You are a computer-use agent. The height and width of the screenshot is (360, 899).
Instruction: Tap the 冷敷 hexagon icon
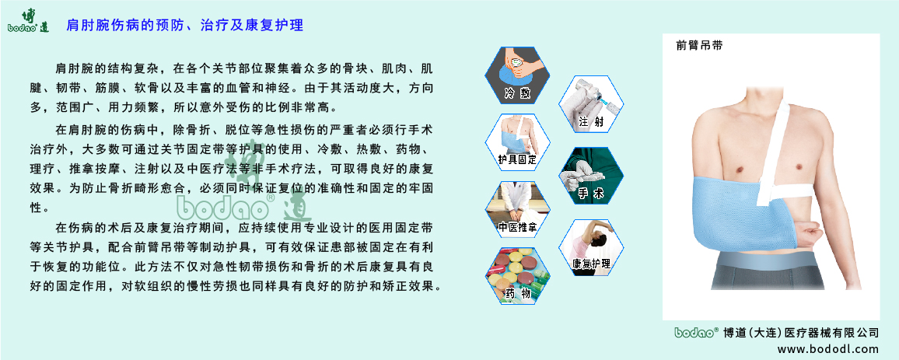click(x=517, y=76)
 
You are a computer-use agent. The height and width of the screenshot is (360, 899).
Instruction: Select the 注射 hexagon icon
click(x=590, y=103)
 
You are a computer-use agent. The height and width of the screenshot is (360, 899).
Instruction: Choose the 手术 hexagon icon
click(x=590, y=176)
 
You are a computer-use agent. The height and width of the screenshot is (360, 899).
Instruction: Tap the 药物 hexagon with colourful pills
click(x=518, y=277)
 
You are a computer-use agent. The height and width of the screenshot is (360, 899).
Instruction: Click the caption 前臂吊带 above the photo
click(x=700, y=46)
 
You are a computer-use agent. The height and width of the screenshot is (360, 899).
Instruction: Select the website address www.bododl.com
click(x=828, y=349)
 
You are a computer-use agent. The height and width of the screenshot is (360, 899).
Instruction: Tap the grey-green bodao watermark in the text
click(x=243, y=201)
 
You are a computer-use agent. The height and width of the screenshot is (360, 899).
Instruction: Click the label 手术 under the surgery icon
click(x=591, y=195)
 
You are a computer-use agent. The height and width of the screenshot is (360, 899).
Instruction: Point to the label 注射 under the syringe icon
click(x=591, y=122)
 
